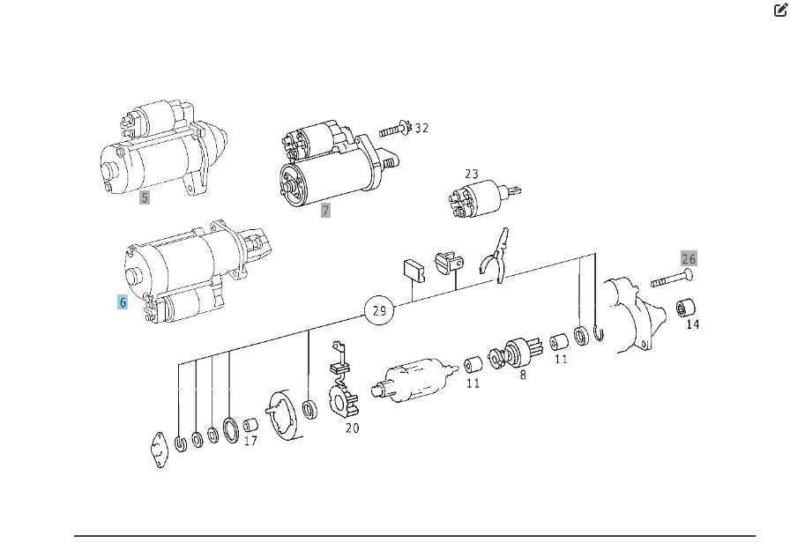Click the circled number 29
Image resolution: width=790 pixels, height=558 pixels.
click(x=379, y=310)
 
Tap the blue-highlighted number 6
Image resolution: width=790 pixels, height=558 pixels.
click(x=123, y=302)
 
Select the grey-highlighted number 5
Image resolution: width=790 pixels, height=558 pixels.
click(x=145, y=197)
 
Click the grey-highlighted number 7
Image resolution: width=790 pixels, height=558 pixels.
click(x=325, y=210)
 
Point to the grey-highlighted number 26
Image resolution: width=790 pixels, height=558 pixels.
click(x=689, y=259)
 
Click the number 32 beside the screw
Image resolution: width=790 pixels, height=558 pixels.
click(x=421, y=129)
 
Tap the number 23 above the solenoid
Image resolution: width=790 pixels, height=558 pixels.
click(x=472, y=174)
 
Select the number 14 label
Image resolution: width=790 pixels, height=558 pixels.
click(x=693, y=324)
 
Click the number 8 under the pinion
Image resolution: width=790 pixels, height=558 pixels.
click(x=523, y=376)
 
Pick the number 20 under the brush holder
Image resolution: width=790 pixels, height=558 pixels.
click(x=353, y=428)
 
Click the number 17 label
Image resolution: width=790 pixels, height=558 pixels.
click(x=250, y=441)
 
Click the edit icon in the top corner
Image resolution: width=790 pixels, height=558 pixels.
click(x=780, y=10)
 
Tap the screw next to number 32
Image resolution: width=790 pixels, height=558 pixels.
click(x=396, y=130)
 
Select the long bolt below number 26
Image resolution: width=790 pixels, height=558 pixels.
click(x=672, y=278)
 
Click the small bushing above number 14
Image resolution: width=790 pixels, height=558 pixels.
click(x=686, y=307)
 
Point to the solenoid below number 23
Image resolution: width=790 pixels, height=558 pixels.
click(x=483, y=198)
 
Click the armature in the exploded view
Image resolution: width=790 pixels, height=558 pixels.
click(x=414, y=380)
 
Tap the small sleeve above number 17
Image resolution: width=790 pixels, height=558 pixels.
click(x=251, y=426)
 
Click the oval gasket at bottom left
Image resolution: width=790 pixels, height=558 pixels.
click(x=160, y=450)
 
